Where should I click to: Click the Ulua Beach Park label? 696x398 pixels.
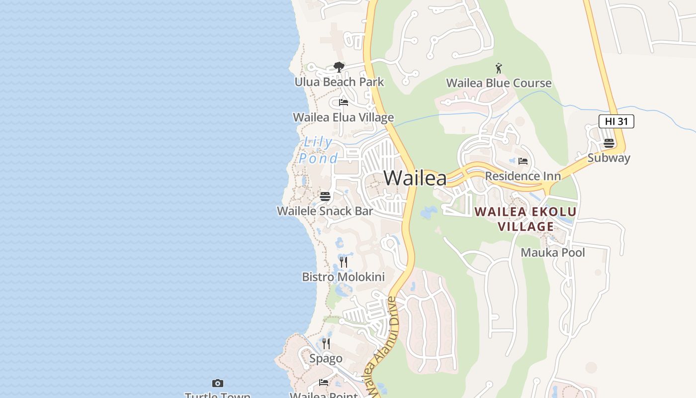339,82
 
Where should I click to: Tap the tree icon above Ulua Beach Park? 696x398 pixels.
339,67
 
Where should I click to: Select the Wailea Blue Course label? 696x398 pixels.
499,83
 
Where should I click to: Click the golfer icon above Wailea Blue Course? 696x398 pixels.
499,68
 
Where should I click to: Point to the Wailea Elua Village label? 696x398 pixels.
343,117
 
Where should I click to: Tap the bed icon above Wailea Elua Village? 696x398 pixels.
344,102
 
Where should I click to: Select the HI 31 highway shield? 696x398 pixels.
616,121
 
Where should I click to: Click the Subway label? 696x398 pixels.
609,158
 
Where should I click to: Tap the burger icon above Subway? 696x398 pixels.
609,143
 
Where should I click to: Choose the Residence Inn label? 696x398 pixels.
522,176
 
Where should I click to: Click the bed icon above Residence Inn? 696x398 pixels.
522,161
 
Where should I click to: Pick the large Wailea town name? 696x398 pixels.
415,178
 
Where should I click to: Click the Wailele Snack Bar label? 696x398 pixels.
325,211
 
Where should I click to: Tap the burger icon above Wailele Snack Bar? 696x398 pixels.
325,197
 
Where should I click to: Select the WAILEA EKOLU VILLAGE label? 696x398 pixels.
525,219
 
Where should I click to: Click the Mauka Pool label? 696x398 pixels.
552,252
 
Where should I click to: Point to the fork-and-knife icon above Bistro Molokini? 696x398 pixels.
344,262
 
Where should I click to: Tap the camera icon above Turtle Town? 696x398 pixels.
218,383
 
